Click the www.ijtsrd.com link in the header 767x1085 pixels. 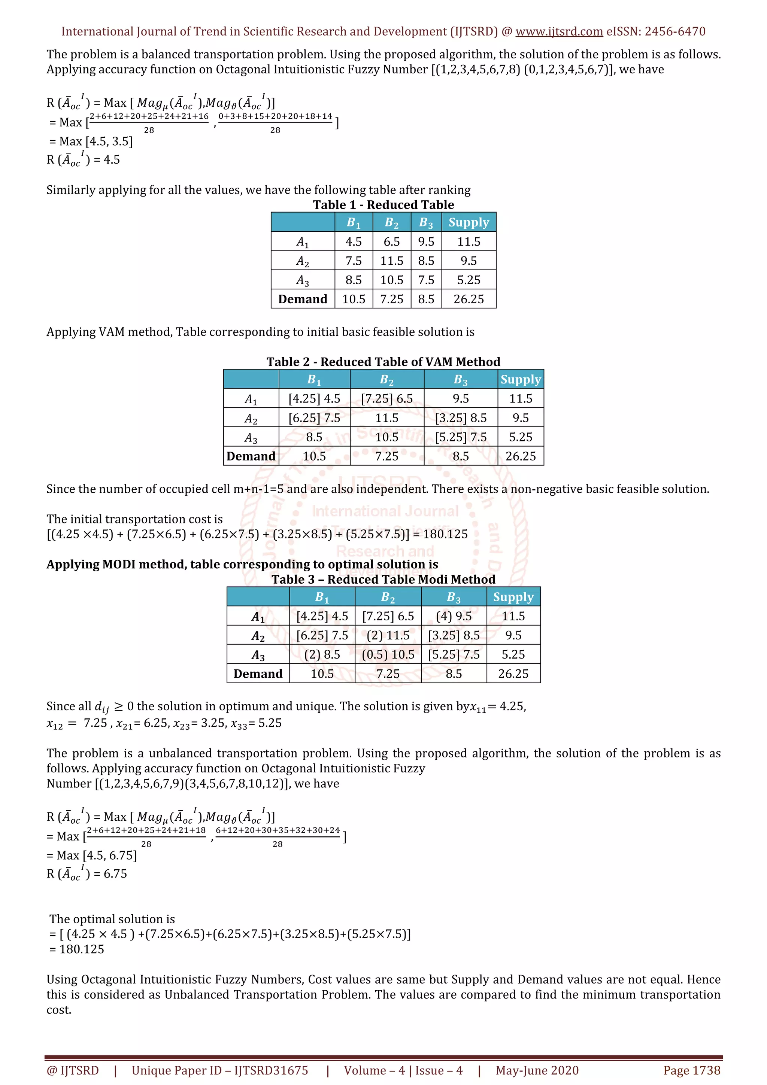tap(559, 32)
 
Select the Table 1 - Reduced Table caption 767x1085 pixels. tap(383, 205)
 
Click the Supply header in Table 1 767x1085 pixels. tap(469, 222)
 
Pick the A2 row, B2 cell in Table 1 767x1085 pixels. tap(391, 261)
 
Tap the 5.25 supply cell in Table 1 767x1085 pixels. tap(469, 280)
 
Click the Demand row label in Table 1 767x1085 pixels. tap(303, 299)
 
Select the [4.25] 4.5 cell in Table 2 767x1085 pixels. tap(314, 398)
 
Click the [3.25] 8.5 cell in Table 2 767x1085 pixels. tap(460, 418)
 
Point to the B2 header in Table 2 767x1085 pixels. tap(386, 380)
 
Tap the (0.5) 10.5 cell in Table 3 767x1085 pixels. tap(388, 654)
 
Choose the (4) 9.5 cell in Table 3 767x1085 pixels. tap(454, 616)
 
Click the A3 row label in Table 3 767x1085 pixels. tap(258, 655)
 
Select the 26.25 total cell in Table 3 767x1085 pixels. tap(513, 674)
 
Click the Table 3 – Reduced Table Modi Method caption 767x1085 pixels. tap(383, 579)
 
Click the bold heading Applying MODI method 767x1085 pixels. tap(242, 564)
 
